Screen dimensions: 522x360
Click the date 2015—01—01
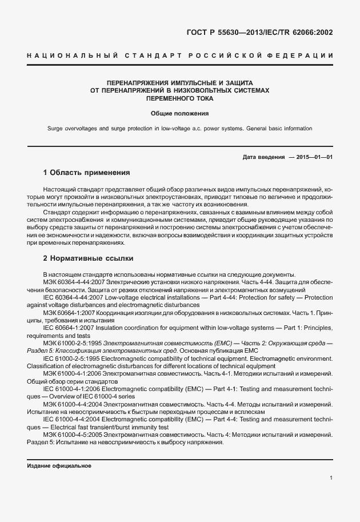click(315, 157)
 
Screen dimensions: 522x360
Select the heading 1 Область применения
click(86, 173)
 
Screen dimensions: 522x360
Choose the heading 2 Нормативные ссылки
click(88, 258)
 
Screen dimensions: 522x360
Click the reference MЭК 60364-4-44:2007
click(70, 282)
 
